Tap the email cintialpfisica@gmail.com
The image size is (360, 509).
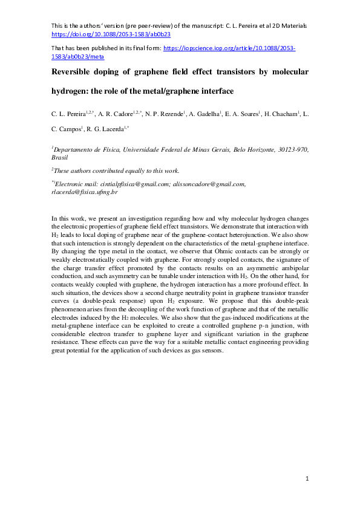coord(128,184)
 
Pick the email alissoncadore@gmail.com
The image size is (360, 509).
coord(208,184)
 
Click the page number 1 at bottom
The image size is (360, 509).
coord(307,479)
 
